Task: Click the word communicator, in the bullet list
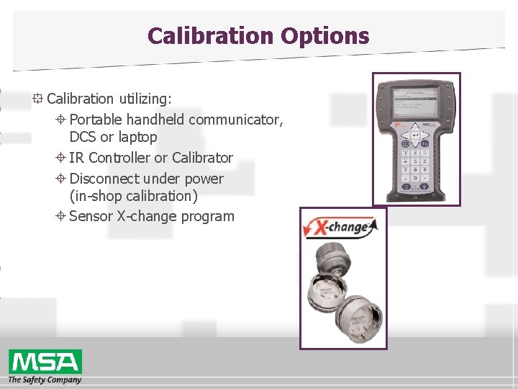coord(236,120)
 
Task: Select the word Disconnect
coord(105,179)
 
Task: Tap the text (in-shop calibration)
coord(133,196)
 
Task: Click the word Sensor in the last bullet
coord(91,216)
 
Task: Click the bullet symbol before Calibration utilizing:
coord(38,99)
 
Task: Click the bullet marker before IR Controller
coord(61,158)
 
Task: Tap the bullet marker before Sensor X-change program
coord(61,216)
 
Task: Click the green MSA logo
coord(45,361)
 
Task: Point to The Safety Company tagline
coord(45,380)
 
